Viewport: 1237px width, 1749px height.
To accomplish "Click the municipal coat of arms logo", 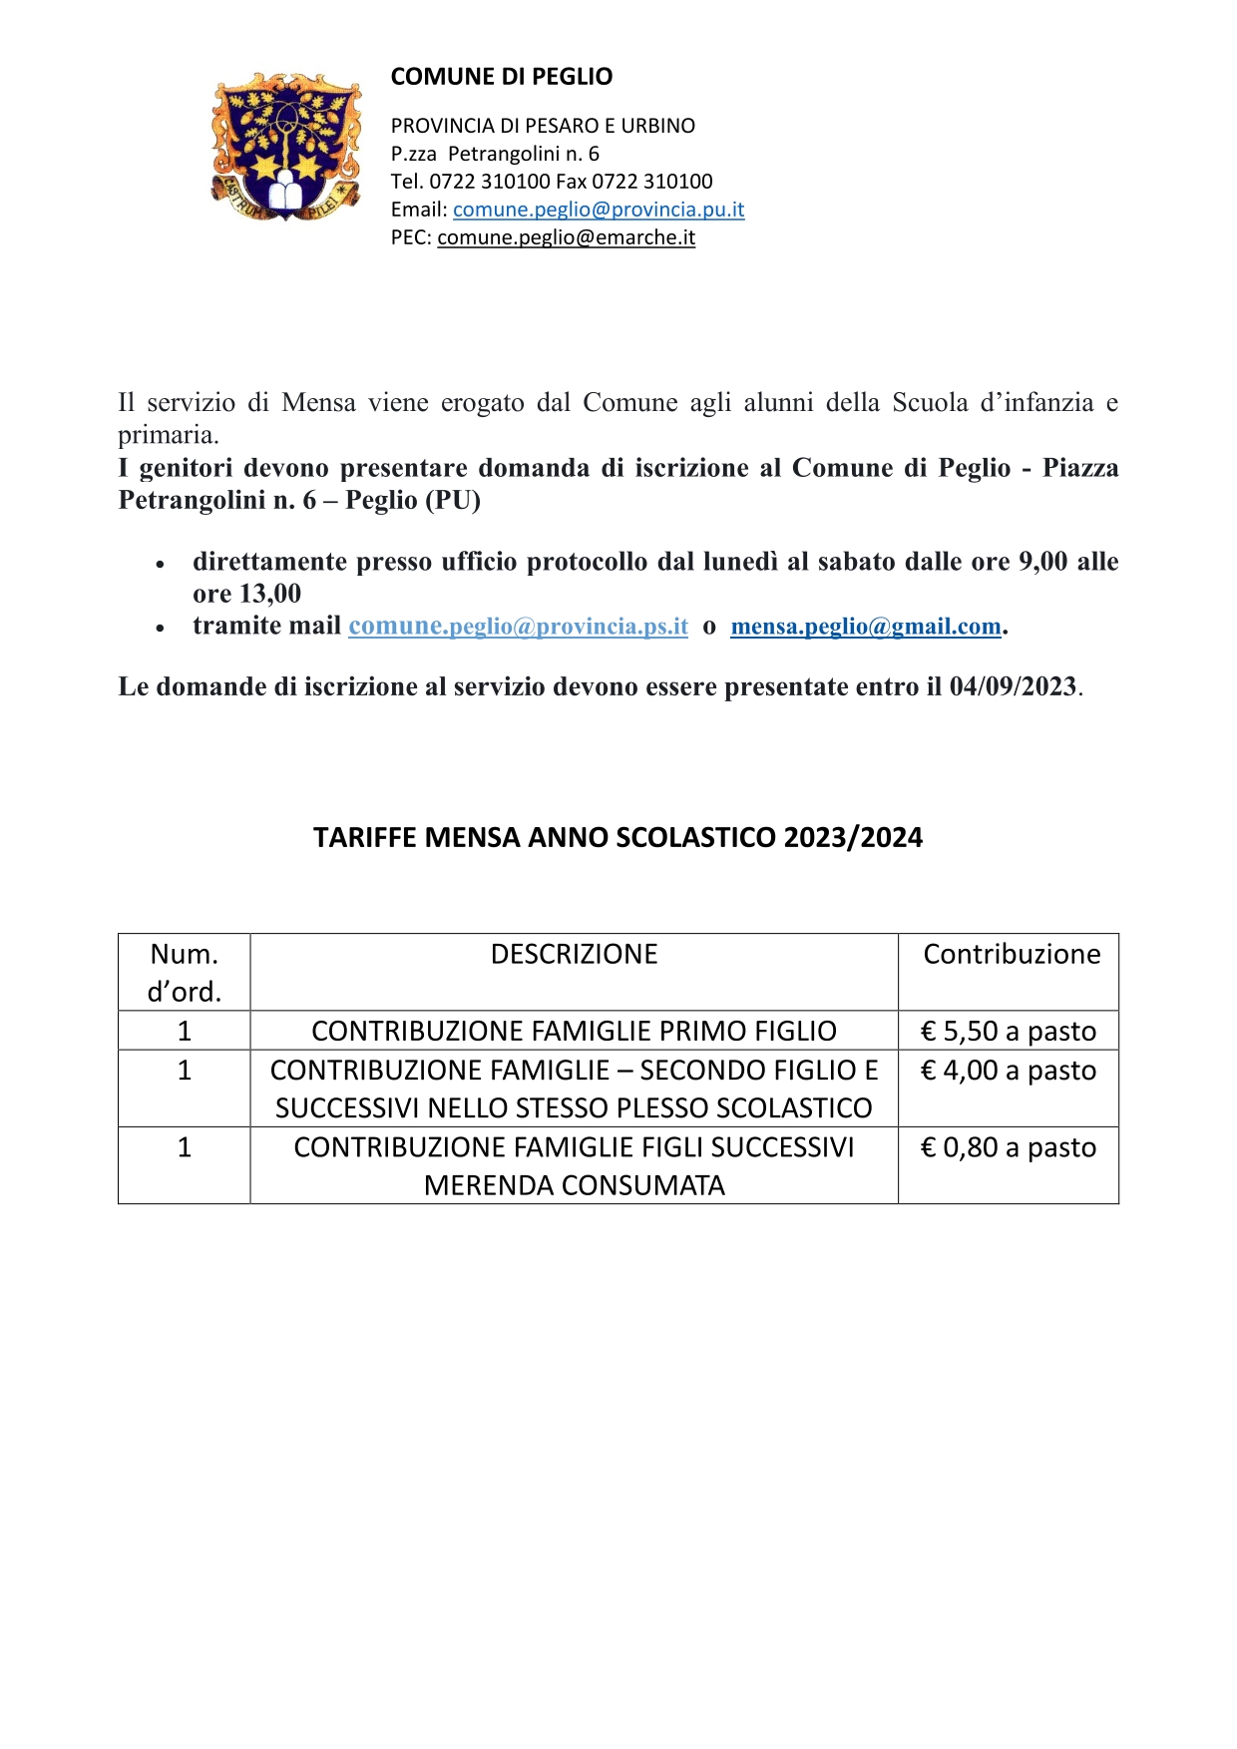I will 285,147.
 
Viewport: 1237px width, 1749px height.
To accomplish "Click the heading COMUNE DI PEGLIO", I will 501,77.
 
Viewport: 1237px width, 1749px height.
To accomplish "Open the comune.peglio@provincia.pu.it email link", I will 599,210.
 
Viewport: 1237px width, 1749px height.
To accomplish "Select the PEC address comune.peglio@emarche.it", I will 566,237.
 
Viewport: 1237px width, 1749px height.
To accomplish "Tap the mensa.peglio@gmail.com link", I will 865,627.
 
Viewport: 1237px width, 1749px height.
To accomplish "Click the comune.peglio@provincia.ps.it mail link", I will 518,627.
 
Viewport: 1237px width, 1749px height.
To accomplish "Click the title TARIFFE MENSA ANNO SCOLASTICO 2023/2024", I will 618,837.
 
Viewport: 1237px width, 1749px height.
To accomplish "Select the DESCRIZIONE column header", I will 574,955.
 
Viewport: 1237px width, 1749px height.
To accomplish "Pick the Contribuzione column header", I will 1012,955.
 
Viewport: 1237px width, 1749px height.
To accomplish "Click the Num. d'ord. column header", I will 184,973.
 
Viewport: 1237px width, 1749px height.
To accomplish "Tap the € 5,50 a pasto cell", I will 1008,1031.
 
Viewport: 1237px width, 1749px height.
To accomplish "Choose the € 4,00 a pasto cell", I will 1008,1071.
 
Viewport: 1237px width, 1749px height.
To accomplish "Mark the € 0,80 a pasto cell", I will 1008,1147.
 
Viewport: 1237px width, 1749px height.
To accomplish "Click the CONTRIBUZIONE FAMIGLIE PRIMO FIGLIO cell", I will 574,1031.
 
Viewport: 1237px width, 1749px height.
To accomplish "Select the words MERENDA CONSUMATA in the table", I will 574,1185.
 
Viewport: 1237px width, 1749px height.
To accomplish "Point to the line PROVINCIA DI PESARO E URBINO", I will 543,126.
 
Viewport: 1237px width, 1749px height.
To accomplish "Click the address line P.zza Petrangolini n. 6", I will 495,154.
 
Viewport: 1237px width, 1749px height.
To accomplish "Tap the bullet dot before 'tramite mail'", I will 160,628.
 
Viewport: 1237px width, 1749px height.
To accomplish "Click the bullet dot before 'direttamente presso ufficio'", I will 160,564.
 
